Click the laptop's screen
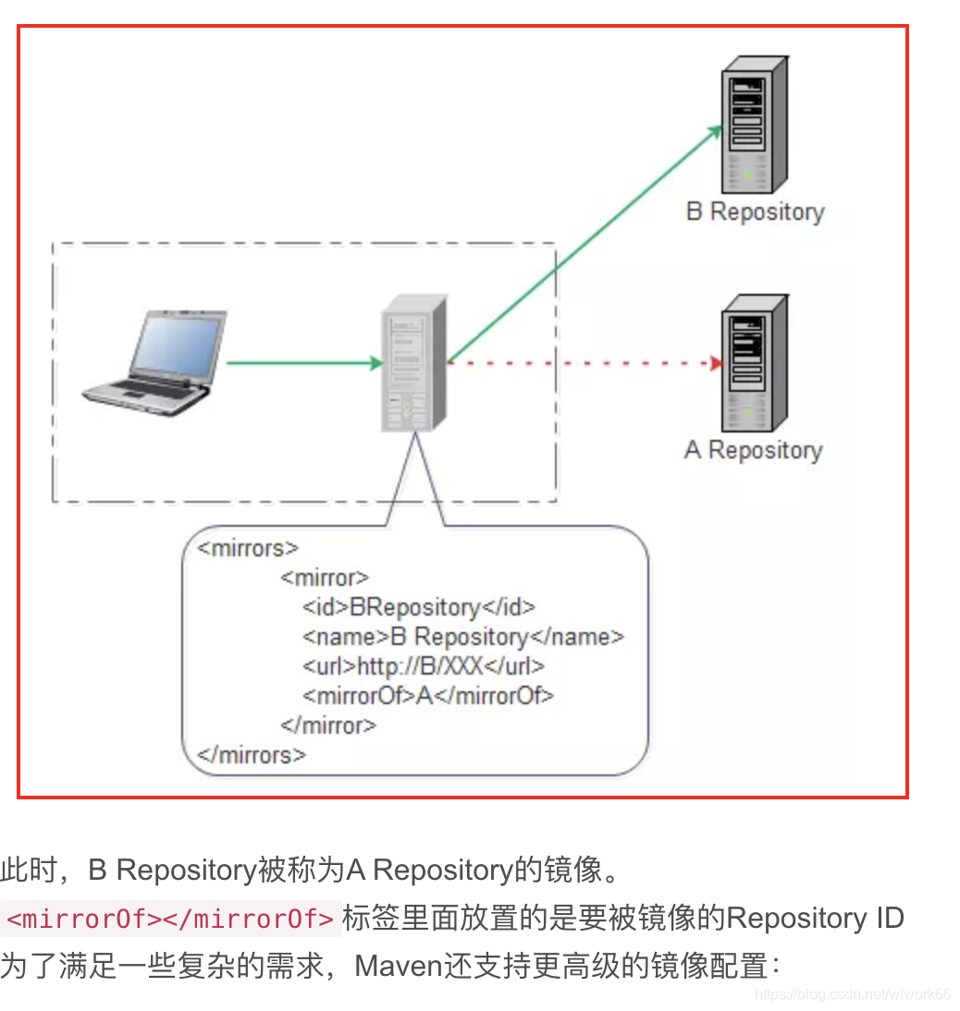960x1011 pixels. (x=178, y=344)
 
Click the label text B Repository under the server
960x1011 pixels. (x=755, y=212)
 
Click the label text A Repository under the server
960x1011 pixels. (x=753, y=450)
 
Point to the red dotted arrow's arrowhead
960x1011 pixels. (x=715, y=363)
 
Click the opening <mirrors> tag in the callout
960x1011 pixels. (x=248, y=548)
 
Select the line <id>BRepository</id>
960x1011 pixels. (x=419, y=607)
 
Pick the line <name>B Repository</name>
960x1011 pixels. (x=462, y=637)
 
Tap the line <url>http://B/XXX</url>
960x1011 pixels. (x=424, y=665)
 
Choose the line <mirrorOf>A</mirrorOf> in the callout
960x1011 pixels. (x=427, y=695)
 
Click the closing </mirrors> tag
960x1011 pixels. (x=251, y=754)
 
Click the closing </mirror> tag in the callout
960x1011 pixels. (x=327, y=725)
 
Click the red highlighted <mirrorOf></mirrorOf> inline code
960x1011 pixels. (x=170, y=920)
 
